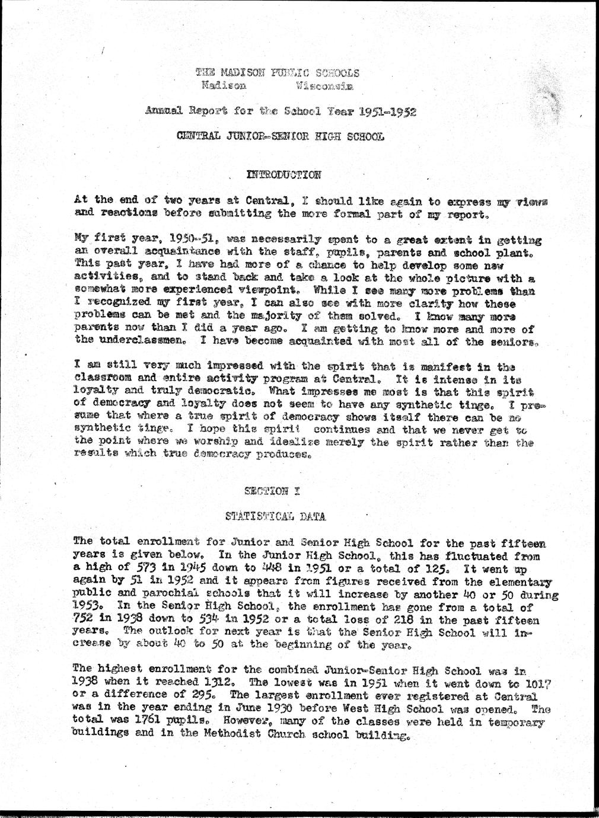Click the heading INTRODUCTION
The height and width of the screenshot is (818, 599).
point(283,175)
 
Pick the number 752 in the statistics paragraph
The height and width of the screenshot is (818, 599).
point(84,619)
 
